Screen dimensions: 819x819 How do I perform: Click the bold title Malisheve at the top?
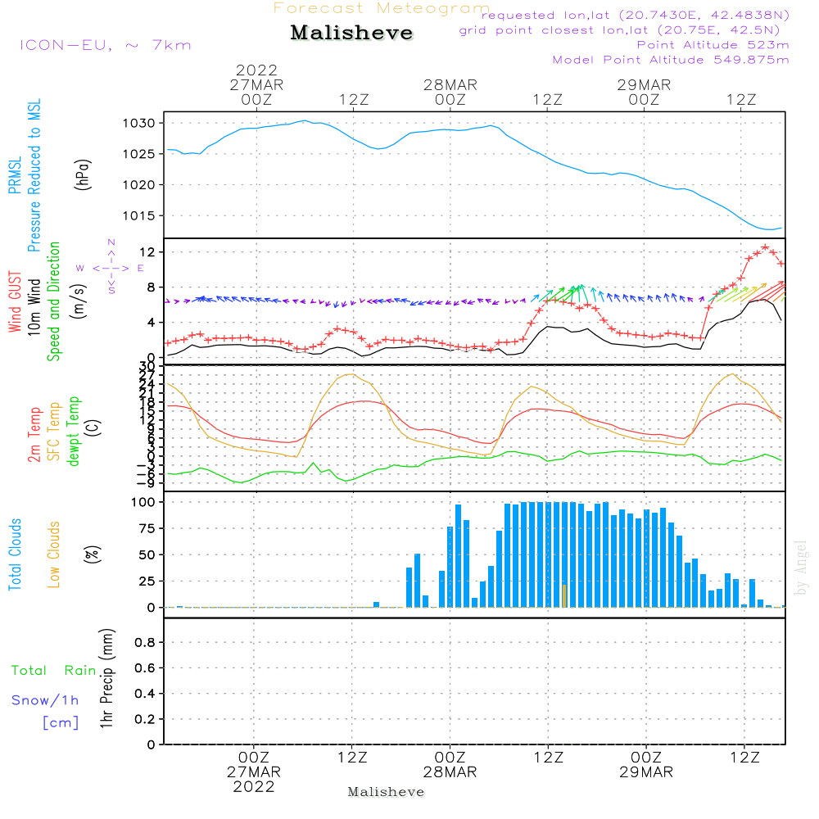coord(352,34)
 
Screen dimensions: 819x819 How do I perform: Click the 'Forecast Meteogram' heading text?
coord(382,8)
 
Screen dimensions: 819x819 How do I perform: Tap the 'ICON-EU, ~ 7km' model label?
coord(105,45)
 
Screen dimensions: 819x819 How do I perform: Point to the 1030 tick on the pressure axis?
coord(146,123)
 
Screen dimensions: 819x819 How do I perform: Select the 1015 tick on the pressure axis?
coord(146,215)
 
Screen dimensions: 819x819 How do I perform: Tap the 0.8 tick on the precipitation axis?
coord(145,643)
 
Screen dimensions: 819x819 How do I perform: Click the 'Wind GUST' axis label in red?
coord(15,304)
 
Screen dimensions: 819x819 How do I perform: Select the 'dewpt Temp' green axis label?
coord(74,432)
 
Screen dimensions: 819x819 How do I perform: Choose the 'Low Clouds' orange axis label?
coord(54,554)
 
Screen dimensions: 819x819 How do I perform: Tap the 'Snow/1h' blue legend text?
coord(46,701)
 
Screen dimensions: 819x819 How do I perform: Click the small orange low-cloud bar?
coord(564,596)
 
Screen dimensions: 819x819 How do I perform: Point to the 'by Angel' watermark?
coord(801,567)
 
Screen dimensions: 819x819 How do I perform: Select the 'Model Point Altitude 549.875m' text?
coord(671,60)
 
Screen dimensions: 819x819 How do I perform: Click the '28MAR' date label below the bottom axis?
coord(450,772)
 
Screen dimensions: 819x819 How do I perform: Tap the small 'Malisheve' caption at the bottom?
coord(386,792)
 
